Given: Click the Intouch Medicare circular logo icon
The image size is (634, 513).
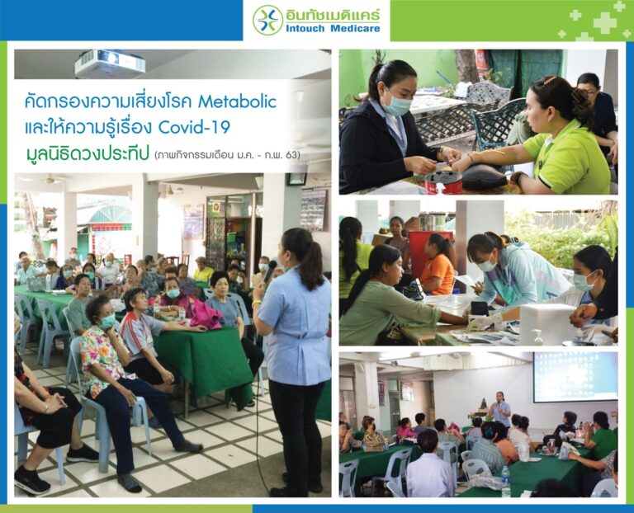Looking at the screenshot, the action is pos(267,20).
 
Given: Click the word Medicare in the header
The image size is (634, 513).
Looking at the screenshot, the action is pos(355,28).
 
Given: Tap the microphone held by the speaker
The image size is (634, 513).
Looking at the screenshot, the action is pos(270,271).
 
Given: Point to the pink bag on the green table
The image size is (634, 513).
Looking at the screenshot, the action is pos(206,314).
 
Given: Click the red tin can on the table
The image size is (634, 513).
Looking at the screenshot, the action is pos(443,182).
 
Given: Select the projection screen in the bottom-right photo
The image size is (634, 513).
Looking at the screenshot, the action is pos(575,376).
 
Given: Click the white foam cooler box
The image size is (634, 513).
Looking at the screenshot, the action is pos(547,323).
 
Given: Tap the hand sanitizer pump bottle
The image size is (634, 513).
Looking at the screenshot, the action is pos(537,337).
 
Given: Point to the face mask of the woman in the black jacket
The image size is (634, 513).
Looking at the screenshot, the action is pos(397,103).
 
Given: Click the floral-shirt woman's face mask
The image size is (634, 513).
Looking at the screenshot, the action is pos(107,321).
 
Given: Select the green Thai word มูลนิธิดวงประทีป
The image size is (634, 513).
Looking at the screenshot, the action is pos(87,154).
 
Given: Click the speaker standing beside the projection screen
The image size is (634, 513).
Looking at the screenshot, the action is pos(500,409).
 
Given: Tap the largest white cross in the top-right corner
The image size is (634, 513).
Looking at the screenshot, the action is pos(604,22).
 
